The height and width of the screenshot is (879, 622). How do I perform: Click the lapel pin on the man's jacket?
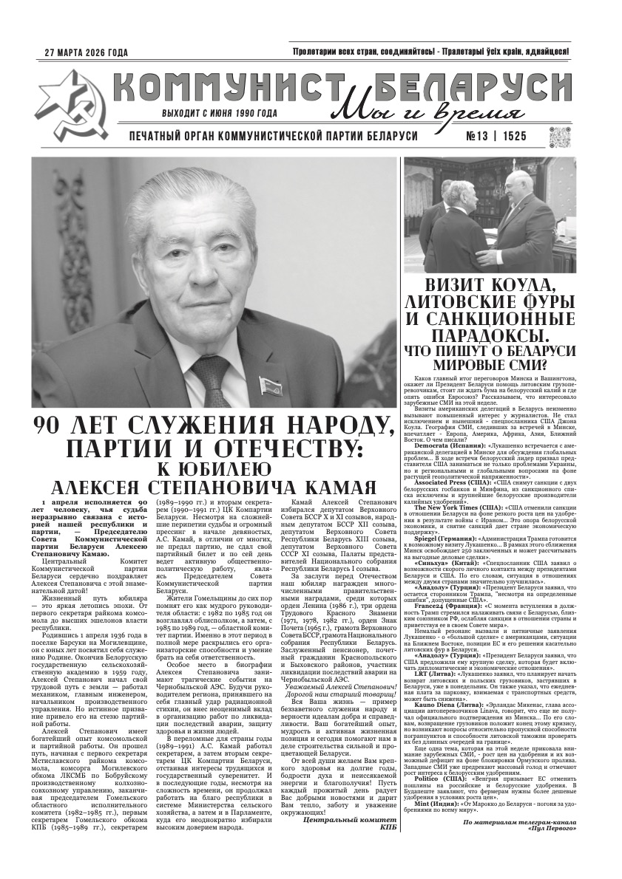pyautogui.click(x=266, y=383)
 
